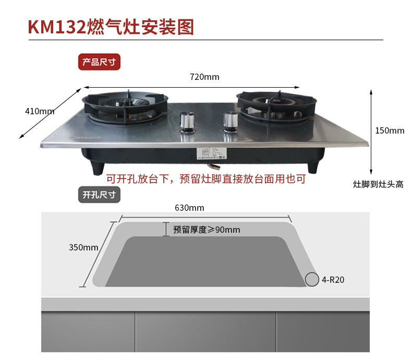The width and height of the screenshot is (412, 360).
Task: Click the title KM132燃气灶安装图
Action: pyautogui.click(x=111, y=26)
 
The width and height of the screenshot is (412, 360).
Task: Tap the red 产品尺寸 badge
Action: pyautogui.click(x=100, y=62)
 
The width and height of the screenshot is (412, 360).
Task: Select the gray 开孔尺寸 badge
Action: pyautogui.click(x=100, y=196)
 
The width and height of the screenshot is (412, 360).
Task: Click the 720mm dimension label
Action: pyautogui.click(x=204, y=77)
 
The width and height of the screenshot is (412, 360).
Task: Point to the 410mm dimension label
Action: pyautogui.click(x=40, y=111)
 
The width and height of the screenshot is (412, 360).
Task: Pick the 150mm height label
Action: pyautogui.click(x=390, y=130)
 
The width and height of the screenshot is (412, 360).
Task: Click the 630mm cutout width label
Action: pyautogui.click(x=189, y=208)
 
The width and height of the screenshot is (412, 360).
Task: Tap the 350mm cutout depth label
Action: pyautogui.click(x=83, y=247)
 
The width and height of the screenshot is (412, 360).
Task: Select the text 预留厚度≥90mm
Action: pyautogui.click(x=207, y=230)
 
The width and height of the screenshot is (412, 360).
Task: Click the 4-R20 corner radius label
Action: pyautogui.click(x=333, y=280)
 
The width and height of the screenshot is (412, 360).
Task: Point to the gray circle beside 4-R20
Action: pyautogui.click(x=312, y=280)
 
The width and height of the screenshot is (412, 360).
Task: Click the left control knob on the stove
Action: pyautogui.click(x=187, y=123)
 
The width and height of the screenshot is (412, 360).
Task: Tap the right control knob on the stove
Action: pyautogui.click(x=229, y=121)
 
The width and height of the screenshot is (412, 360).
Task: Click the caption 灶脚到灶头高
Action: pyautogui.click(x=378, y=185)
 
